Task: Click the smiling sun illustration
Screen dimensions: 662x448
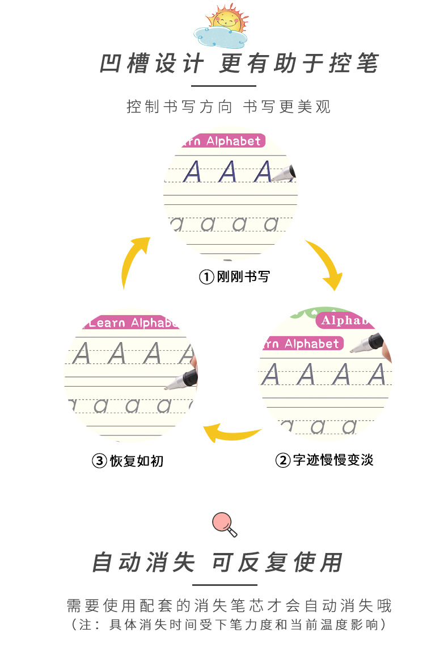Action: click(x=227, y=19)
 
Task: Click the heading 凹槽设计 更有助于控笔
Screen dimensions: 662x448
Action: click(x=239, y=64)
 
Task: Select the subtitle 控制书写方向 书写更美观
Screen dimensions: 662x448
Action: click(x=229, y=107)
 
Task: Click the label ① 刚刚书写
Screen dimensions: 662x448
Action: click(x=234, y=277)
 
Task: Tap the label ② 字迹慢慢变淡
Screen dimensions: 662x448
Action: click(x=324, y=460)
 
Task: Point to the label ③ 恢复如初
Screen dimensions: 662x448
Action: click(x=128, y=460)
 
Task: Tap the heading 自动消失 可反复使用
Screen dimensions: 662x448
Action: click(x=218, y=563)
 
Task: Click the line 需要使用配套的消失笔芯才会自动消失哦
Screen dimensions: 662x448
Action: click(x=229, y=605)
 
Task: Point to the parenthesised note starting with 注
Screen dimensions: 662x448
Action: click(x=229, y=625)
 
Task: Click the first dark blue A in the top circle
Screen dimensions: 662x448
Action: click(x=193, y=171)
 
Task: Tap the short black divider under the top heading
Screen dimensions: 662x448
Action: click(x=224, y=86)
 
